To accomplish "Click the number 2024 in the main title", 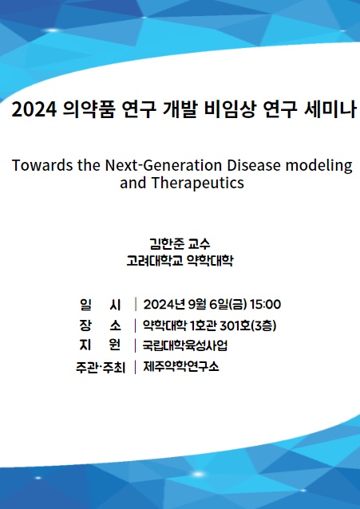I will pyautogui.click(x=34, y=110).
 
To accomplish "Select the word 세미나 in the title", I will pyautogui.click(x=327, y=110).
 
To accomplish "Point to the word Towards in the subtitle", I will pyautogui.click(x=41, y=165).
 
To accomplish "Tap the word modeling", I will pyautogui.click(x=322, y=165).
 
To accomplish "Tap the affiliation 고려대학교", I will pyautogui.click(x=155, y=260).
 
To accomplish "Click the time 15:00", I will pyautogui.click(x=265, y=304).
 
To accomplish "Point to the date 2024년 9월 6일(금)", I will pyautogui.click(x=194, y=304).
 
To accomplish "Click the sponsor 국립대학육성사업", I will pyautogui.click(x=185, y=345).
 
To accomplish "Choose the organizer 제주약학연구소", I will pyautogui.click(x=180, y=367).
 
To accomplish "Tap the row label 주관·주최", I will pyautogui.click(x=100, y=367).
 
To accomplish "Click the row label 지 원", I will pyautogui.click(x=100, y=345).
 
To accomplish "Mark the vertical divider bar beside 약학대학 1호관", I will pyautogui.click(x=136, y=325).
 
